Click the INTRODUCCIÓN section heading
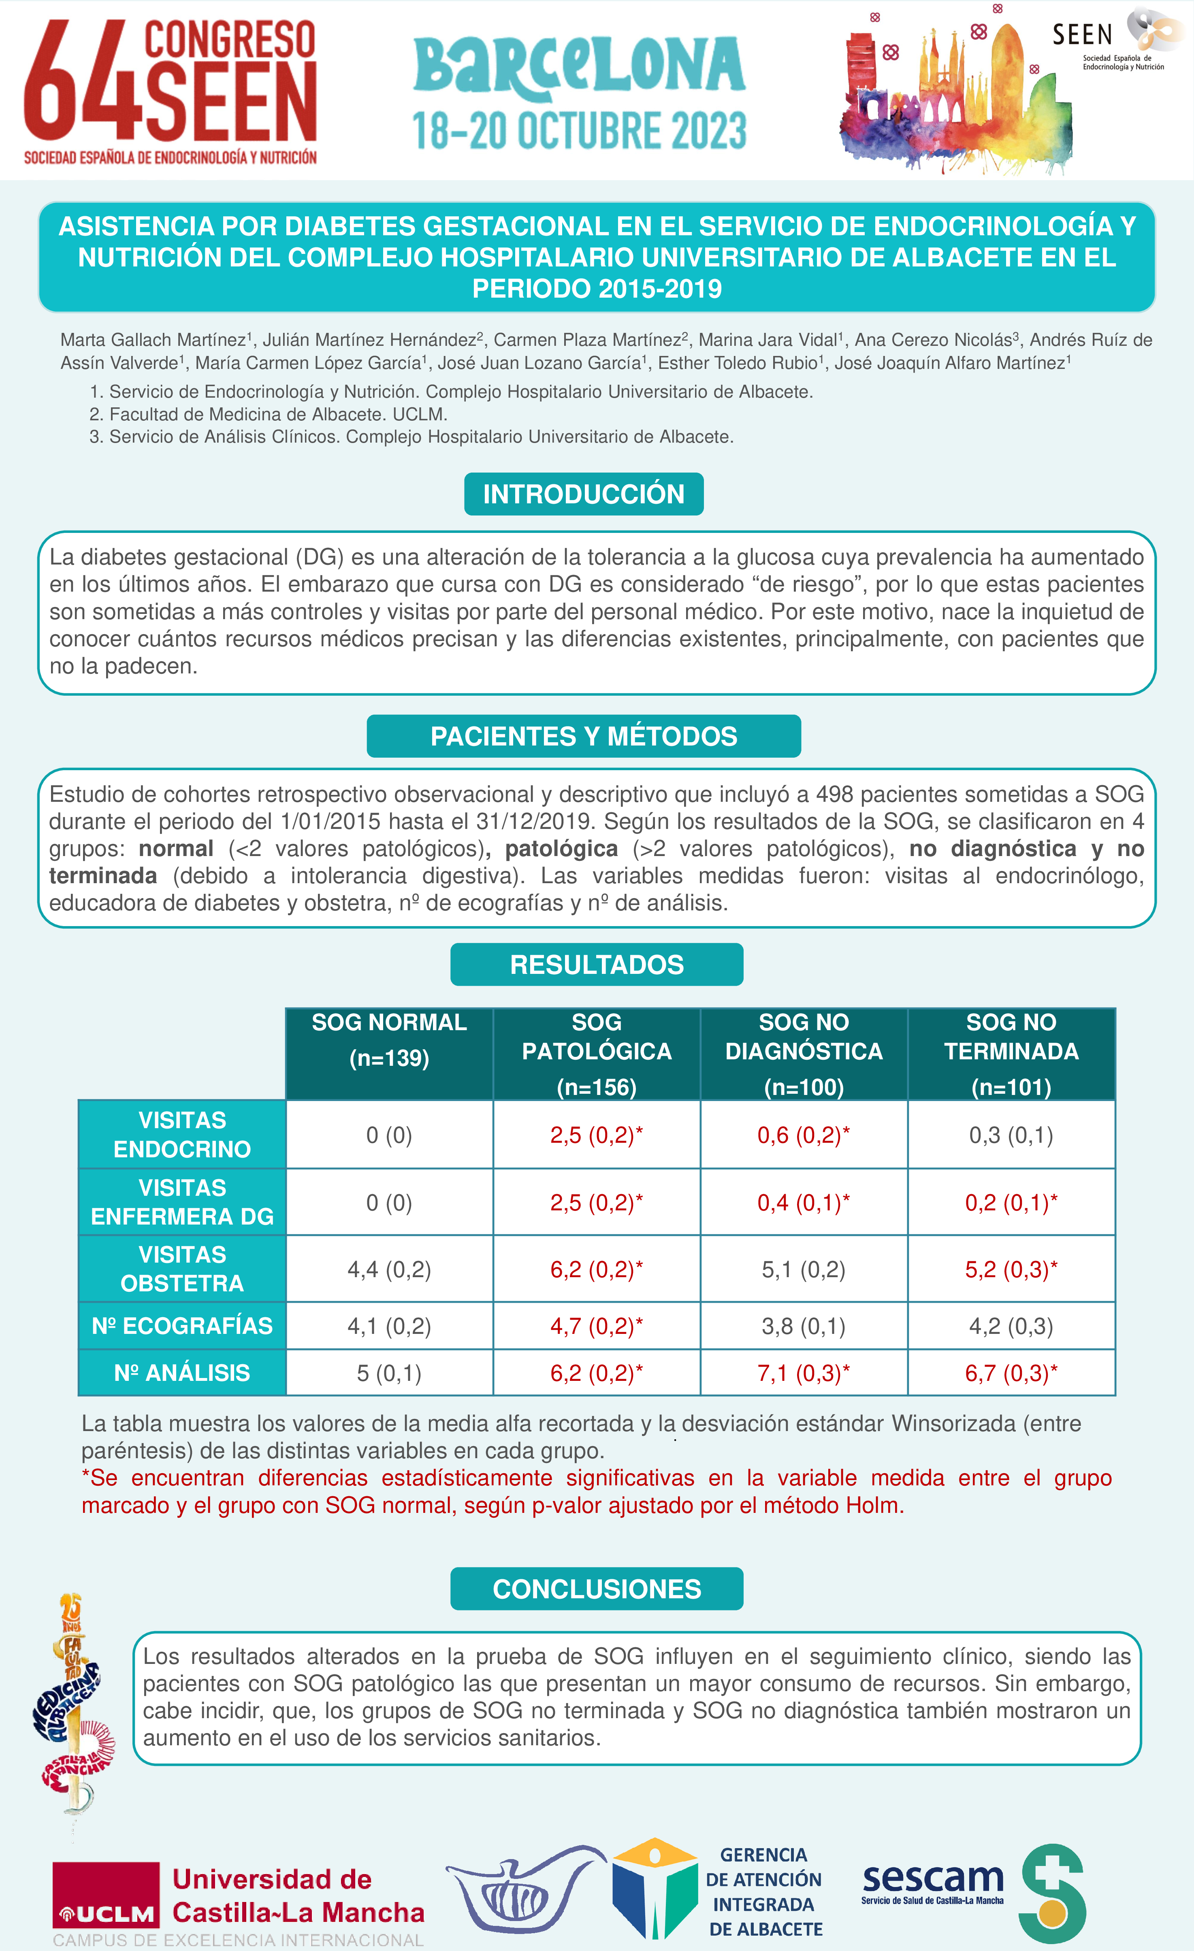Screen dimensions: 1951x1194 pos(584,494)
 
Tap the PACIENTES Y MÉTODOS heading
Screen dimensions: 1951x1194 pos(584,736)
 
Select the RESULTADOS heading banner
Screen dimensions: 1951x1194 pos(596,965)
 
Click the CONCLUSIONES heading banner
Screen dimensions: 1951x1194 pos(596,1589)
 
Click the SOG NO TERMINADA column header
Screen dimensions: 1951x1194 pos(1011,1053)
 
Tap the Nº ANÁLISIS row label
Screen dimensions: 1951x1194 pos(182,1372)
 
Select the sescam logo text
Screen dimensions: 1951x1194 pos(933,1878)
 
